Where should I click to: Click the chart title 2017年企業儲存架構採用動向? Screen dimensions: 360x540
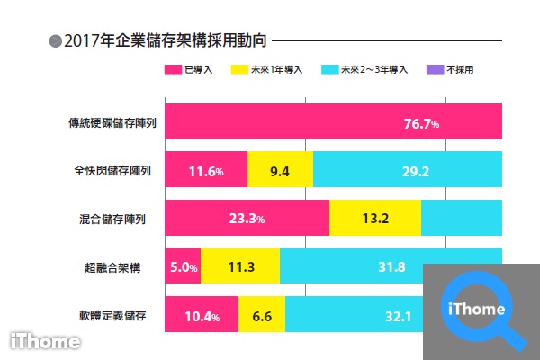pos(166,40)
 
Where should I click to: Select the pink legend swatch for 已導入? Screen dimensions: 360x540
pos(172,69)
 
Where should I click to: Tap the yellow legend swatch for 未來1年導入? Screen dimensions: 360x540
pos(240,69)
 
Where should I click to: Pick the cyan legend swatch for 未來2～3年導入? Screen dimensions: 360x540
pos(328,69)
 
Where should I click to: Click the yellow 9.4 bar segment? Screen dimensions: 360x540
pos(280,169)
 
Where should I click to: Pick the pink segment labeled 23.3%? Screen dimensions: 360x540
pos(247,219)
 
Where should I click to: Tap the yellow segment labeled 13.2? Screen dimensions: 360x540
pos(374,219)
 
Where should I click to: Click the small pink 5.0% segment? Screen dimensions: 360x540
pos(183,267)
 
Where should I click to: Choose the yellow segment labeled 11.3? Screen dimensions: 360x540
pos(240,267)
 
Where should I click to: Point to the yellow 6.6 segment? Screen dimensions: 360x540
pos(262,316)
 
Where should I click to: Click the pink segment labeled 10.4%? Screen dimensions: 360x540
pos(202,316)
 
